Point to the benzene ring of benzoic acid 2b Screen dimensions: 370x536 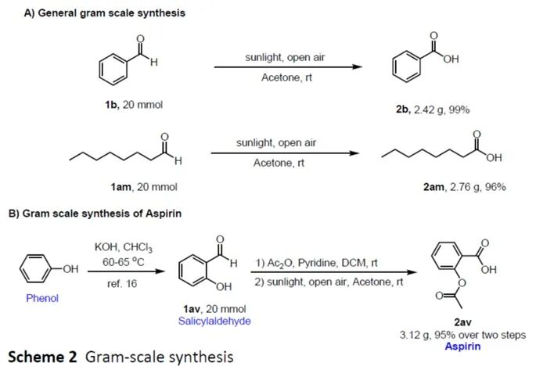(x=407, y=70)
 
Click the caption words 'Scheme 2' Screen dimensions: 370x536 (x=42, y=357)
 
